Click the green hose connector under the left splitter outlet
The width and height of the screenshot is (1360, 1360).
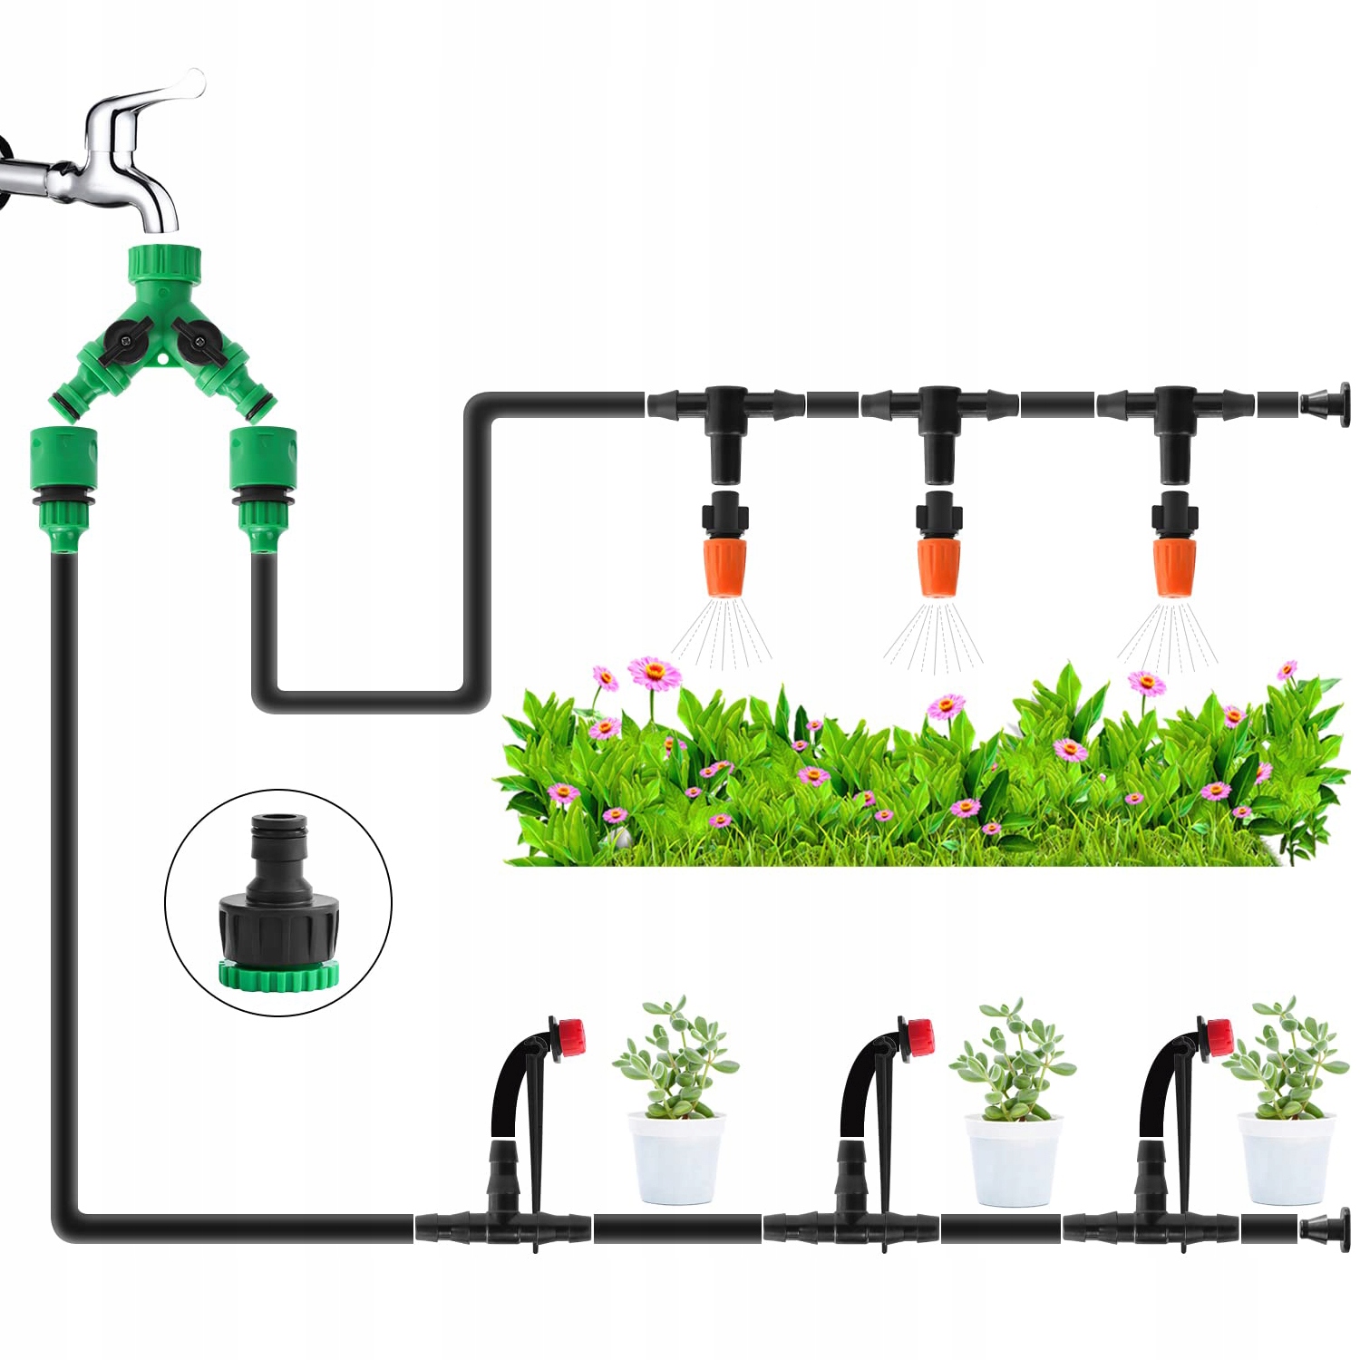point(63,490)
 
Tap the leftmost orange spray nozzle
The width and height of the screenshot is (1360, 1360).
point(724,567)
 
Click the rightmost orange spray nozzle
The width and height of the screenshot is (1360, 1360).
point(1175,567)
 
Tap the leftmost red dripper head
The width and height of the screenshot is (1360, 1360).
point(569,1037)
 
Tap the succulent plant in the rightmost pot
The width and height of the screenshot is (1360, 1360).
point(1284,1056)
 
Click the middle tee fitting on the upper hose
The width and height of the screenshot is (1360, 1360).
point(939,403)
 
